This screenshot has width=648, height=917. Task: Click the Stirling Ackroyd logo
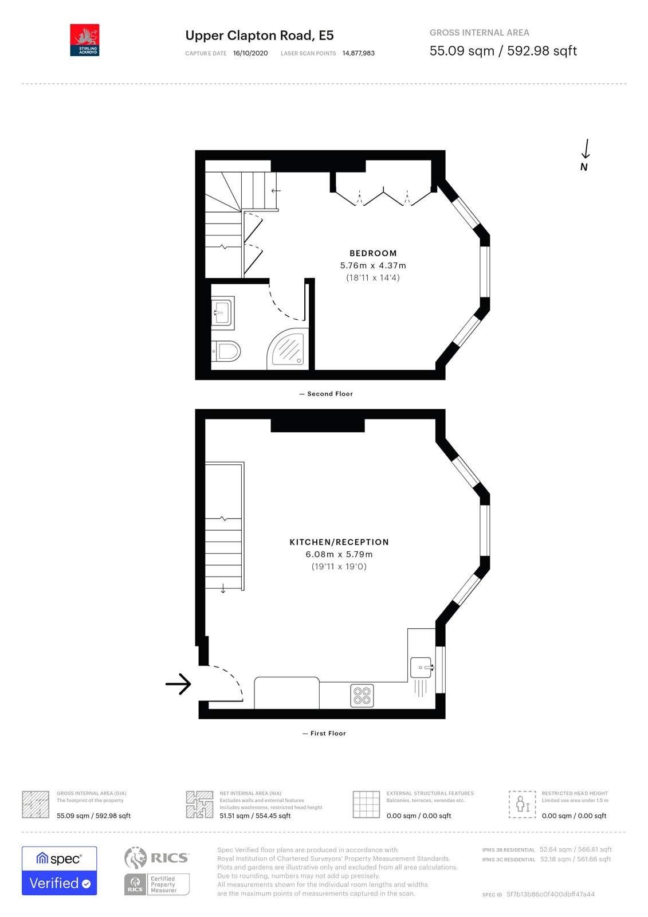tap(85, 40)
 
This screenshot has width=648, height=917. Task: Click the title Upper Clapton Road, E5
tap(259, 36)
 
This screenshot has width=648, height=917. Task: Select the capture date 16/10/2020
tap(250, 53)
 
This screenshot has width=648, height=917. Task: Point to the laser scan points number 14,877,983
tap(359, 53)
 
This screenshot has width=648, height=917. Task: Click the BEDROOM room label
tap(373, 253)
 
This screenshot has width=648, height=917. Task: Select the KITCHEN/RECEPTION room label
tap(339, 542)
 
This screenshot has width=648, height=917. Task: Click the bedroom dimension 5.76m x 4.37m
tap(373, 266)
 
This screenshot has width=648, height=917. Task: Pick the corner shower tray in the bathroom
tap(287, 348)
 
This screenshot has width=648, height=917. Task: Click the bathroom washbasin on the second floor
tap(222, 312)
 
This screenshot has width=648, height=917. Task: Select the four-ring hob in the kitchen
tap(362, 696)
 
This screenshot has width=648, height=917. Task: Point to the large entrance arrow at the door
tap(178, 684)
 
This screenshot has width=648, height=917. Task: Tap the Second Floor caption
tap(327, 394)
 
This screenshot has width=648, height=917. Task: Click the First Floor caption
tap(325, 734)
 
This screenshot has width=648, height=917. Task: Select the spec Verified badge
tap(60, 871)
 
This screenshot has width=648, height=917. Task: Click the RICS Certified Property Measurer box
tap(157, 884)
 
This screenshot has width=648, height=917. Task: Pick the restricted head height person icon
tap(523, 804)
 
